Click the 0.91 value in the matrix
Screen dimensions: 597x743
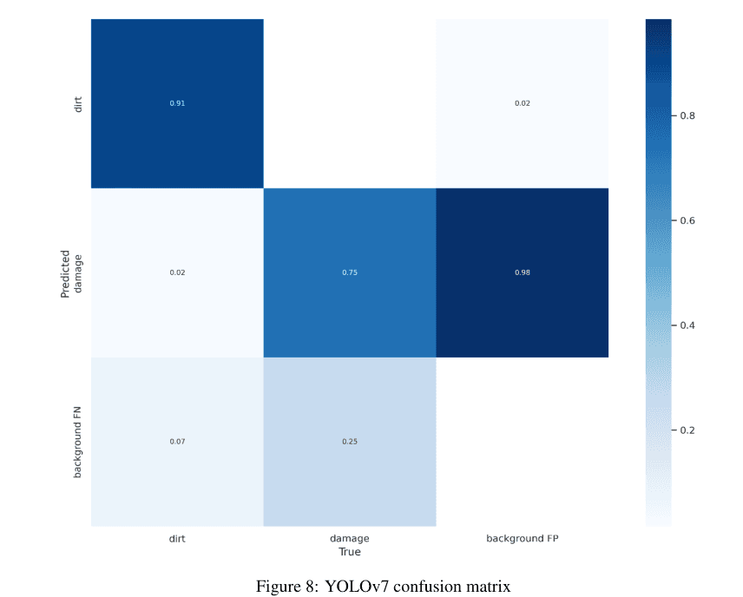point(177,103)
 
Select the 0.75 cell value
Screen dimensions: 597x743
point(350,272)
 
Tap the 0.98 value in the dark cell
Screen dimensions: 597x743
point(522,272)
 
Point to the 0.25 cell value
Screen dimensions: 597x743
point(350,442)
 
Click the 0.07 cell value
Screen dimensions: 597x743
point(177,442)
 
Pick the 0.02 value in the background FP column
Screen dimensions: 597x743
point(522,103)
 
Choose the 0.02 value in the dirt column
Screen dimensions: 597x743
point(177,272)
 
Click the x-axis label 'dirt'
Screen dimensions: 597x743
point(177,539)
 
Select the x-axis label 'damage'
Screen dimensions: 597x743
point(350,539)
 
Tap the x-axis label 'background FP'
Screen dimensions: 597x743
point(523,539)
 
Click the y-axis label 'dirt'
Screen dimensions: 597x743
point(78,103)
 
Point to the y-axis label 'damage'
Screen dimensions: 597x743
point(78,272)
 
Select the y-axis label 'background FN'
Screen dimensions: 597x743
point(78,442)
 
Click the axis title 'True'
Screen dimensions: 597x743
point(350,552)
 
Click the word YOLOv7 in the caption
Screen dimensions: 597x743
point(355,587)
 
